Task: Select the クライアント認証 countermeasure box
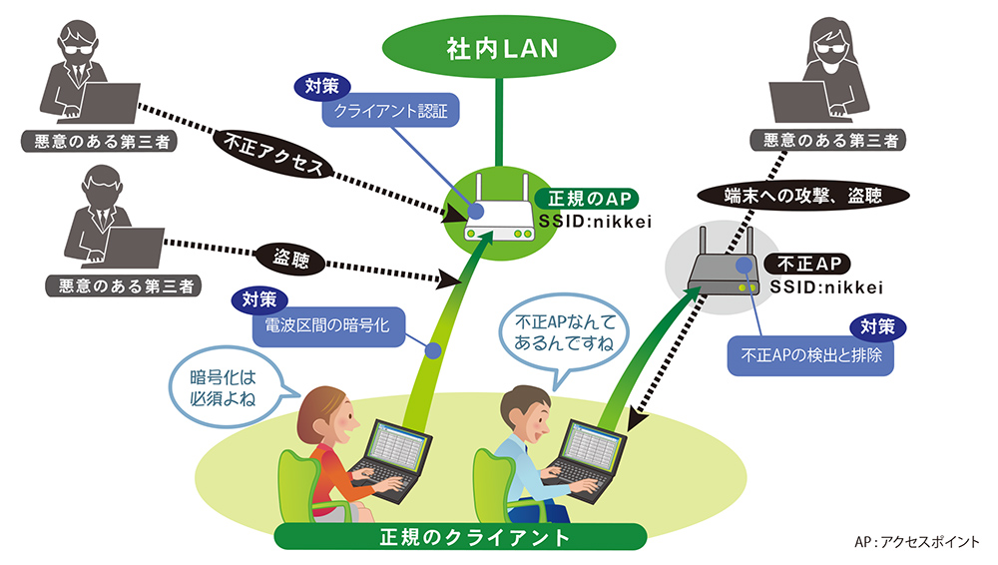[390, 111]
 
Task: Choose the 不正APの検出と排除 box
[809, 355]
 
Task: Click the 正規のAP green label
[587, 199]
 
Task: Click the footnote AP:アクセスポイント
[917, 542]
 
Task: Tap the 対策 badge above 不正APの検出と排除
[879, 326]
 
